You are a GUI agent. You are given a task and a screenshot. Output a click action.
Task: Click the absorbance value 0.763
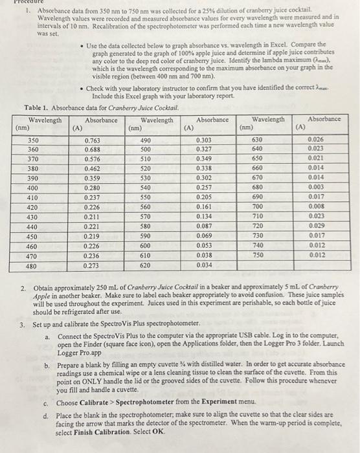click(93, 140)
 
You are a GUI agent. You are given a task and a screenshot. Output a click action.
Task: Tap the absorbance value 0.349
click(204, 159)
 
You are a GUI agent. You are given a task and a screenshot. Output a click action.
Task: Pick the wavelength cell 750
click(258, 255)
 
